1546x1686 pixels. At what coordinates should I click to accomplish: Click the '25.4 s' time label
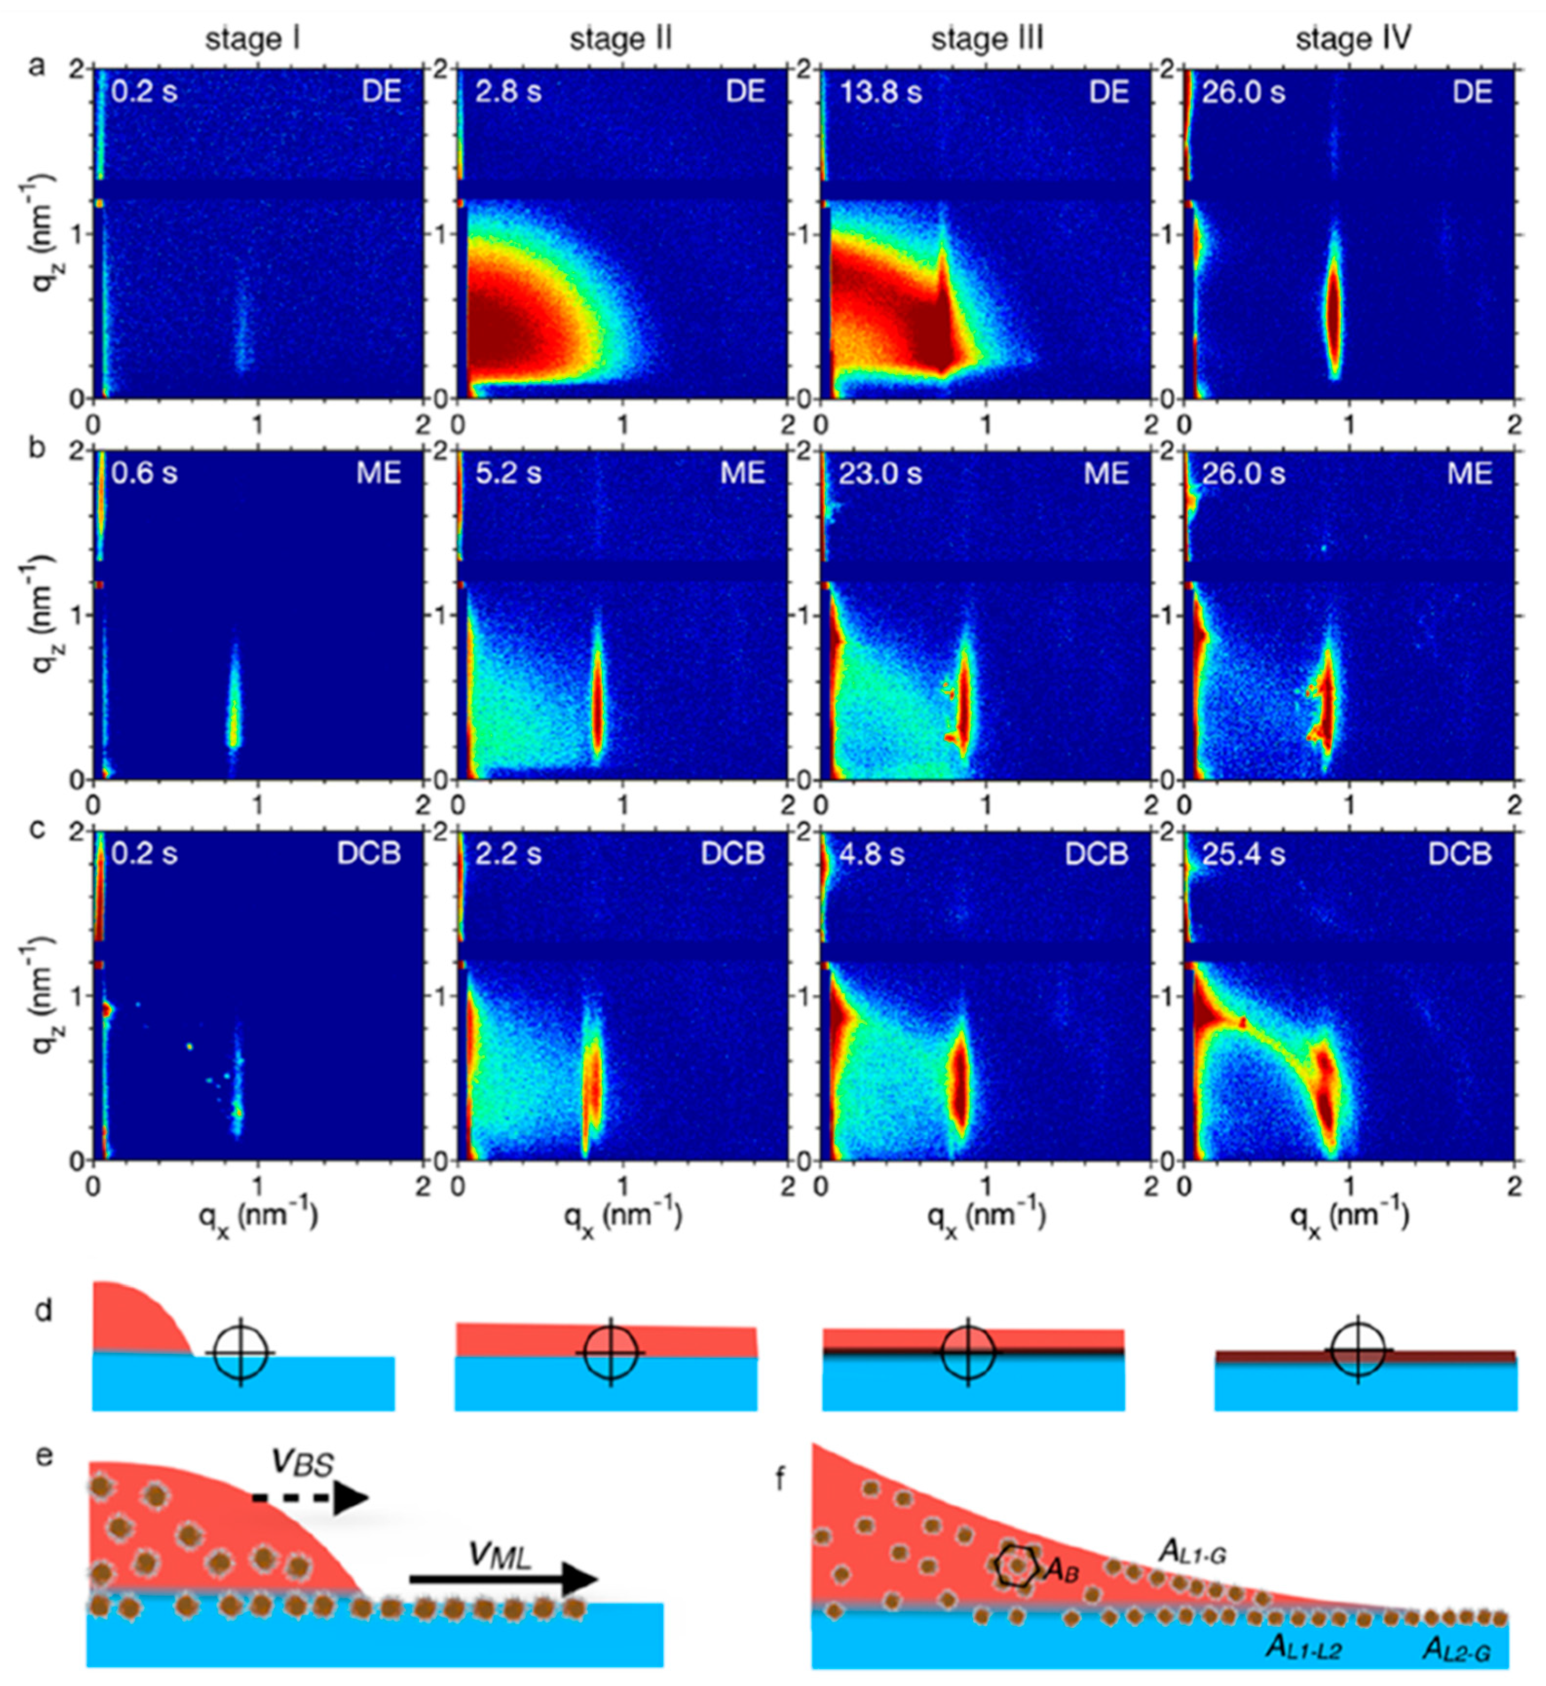pos(1243,854)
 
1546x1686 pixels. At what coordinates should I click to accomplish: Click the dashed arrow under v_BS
pos(310,1501)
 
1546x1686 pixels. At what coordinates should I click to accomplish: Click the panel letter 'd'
pos(44,1312)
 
